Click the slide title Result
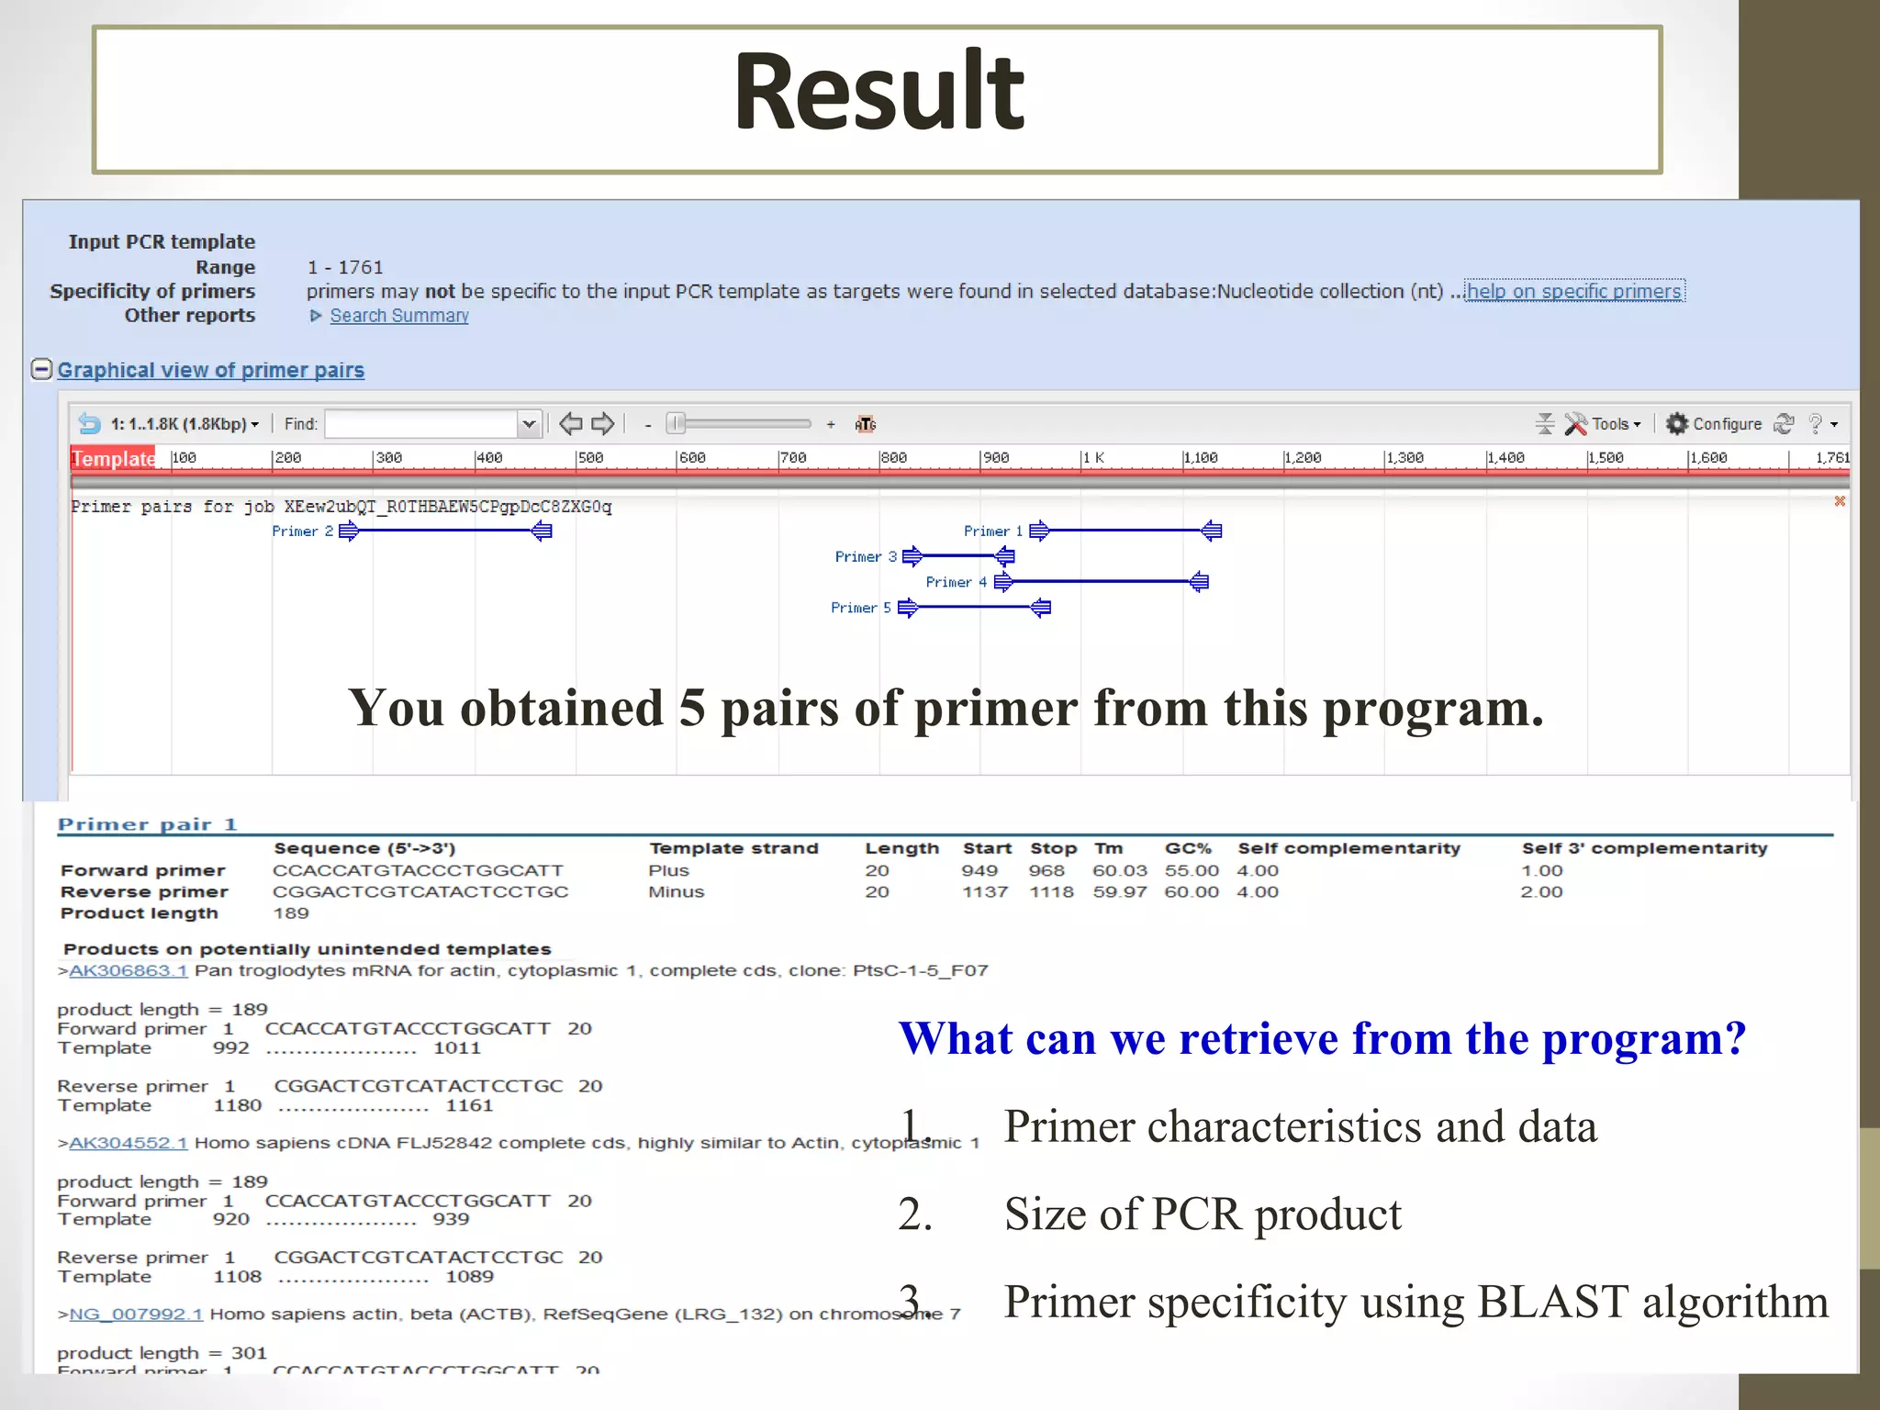pos(878,94)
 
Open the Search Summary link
pos(398,316)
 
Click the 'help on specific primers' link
pos(1573,291)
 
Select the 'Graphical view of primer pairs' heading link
pos(210,370)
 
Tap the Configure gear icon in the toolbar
pos(1677,423)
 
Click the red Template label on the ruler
pos(113,458)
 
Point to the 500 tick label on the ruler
pos(590,457)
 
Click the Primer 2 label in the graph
pos(302,532)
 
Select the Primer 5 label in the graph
pos(860,608)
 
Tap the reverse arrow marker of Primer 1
pos(1212,531)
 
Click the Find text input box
pos(421,423)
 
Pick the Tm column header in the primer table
pos(1108,848)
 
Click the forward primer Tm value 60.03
pos(1119,870)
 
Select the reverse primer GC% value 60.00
pos(1191,891)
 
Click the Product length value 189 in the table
pos(291,913)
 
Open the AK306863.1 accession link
pos(128,970)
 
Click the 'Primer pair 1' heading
pos(147,824)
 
